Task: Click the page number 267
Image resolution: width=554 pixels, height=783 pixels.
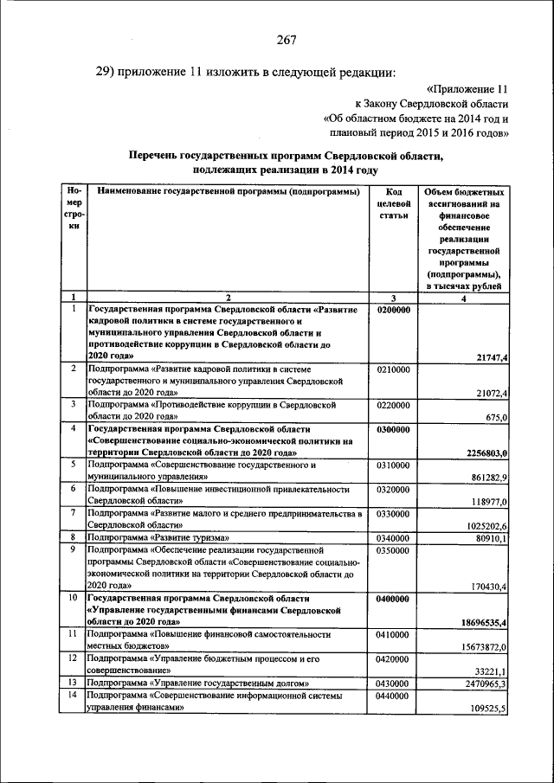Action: pyautogui.click(x=287, y=39)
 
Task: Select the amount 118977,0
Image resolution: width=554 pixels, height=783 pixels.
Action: pyautogui.click(x=486, y=501)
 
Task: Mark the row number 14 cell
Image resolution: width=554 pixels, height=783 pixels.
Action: pyautogui.click(x=74, y=695)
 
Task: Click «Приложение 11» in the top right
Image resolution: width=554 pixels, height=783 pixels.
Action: pyautogui.click(x=467, y=88)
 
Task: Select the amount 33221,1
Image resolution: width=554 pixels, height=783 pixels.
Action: pyautogui.click(x=489, y=671)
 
